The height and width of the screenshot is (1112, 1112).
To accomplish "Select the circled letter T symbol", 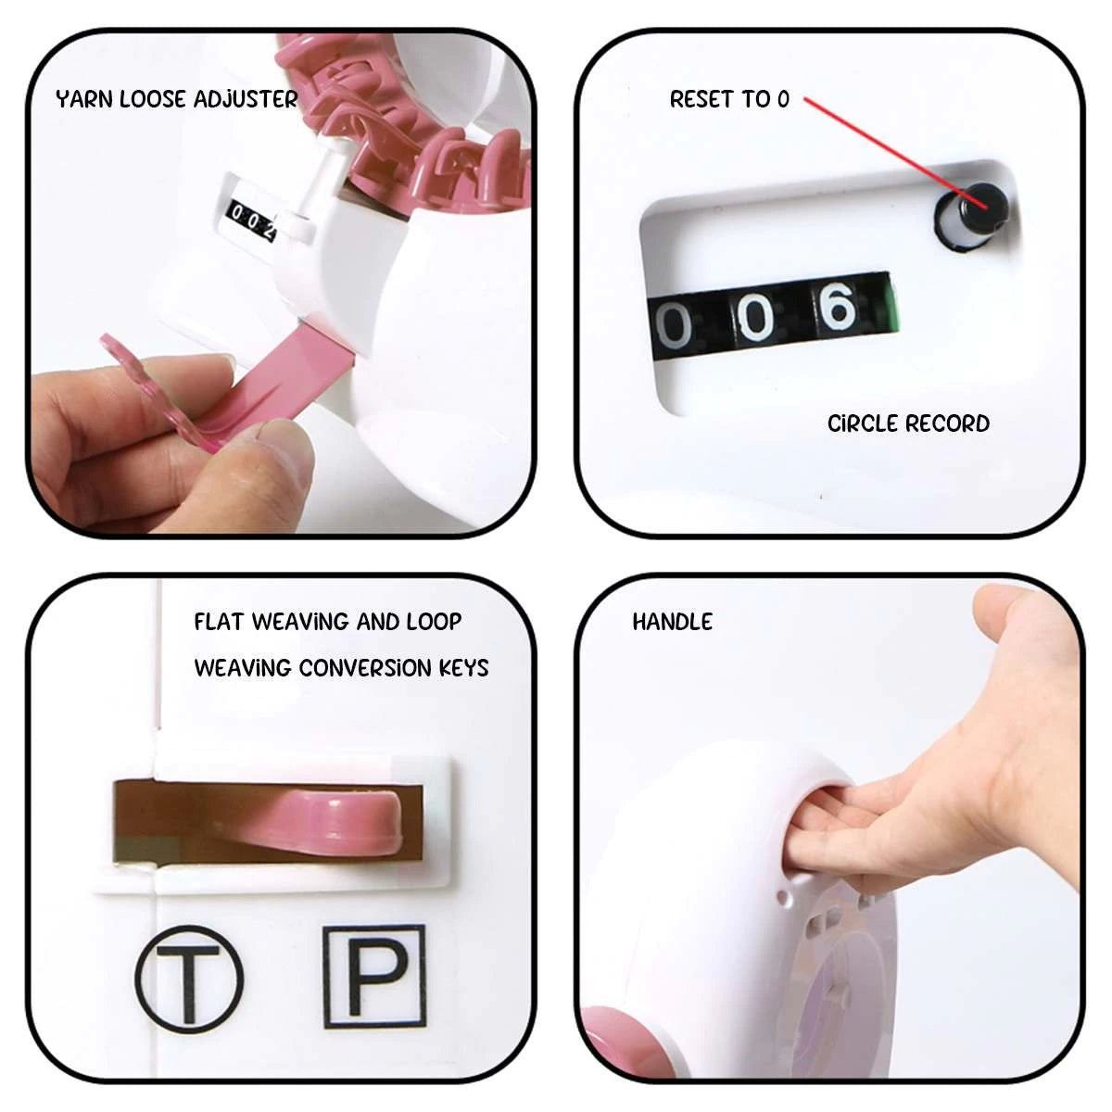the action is point(189,979).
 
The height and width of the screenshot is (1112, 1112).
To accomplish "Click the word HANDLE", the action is point(672,622).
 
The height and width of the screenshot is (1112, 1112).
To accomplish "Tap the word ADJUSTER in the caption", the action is point(246,99).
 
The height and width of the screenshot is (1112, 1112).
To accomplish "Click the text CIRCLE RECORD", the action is point(908,423).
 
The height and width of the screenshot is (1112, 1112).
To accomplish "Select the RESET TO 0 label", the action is point(729,99).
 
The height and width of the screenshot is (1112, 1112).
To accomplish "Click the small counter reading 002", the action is point(252,220).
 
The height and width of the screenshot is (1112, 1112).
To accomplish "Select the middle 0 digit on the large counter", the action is point(756,317).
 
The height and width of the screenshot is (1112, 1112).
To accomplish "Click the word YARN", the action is point(83,99).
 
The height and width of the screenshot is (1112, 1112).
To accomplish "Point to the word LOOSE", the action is point(152,99).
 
